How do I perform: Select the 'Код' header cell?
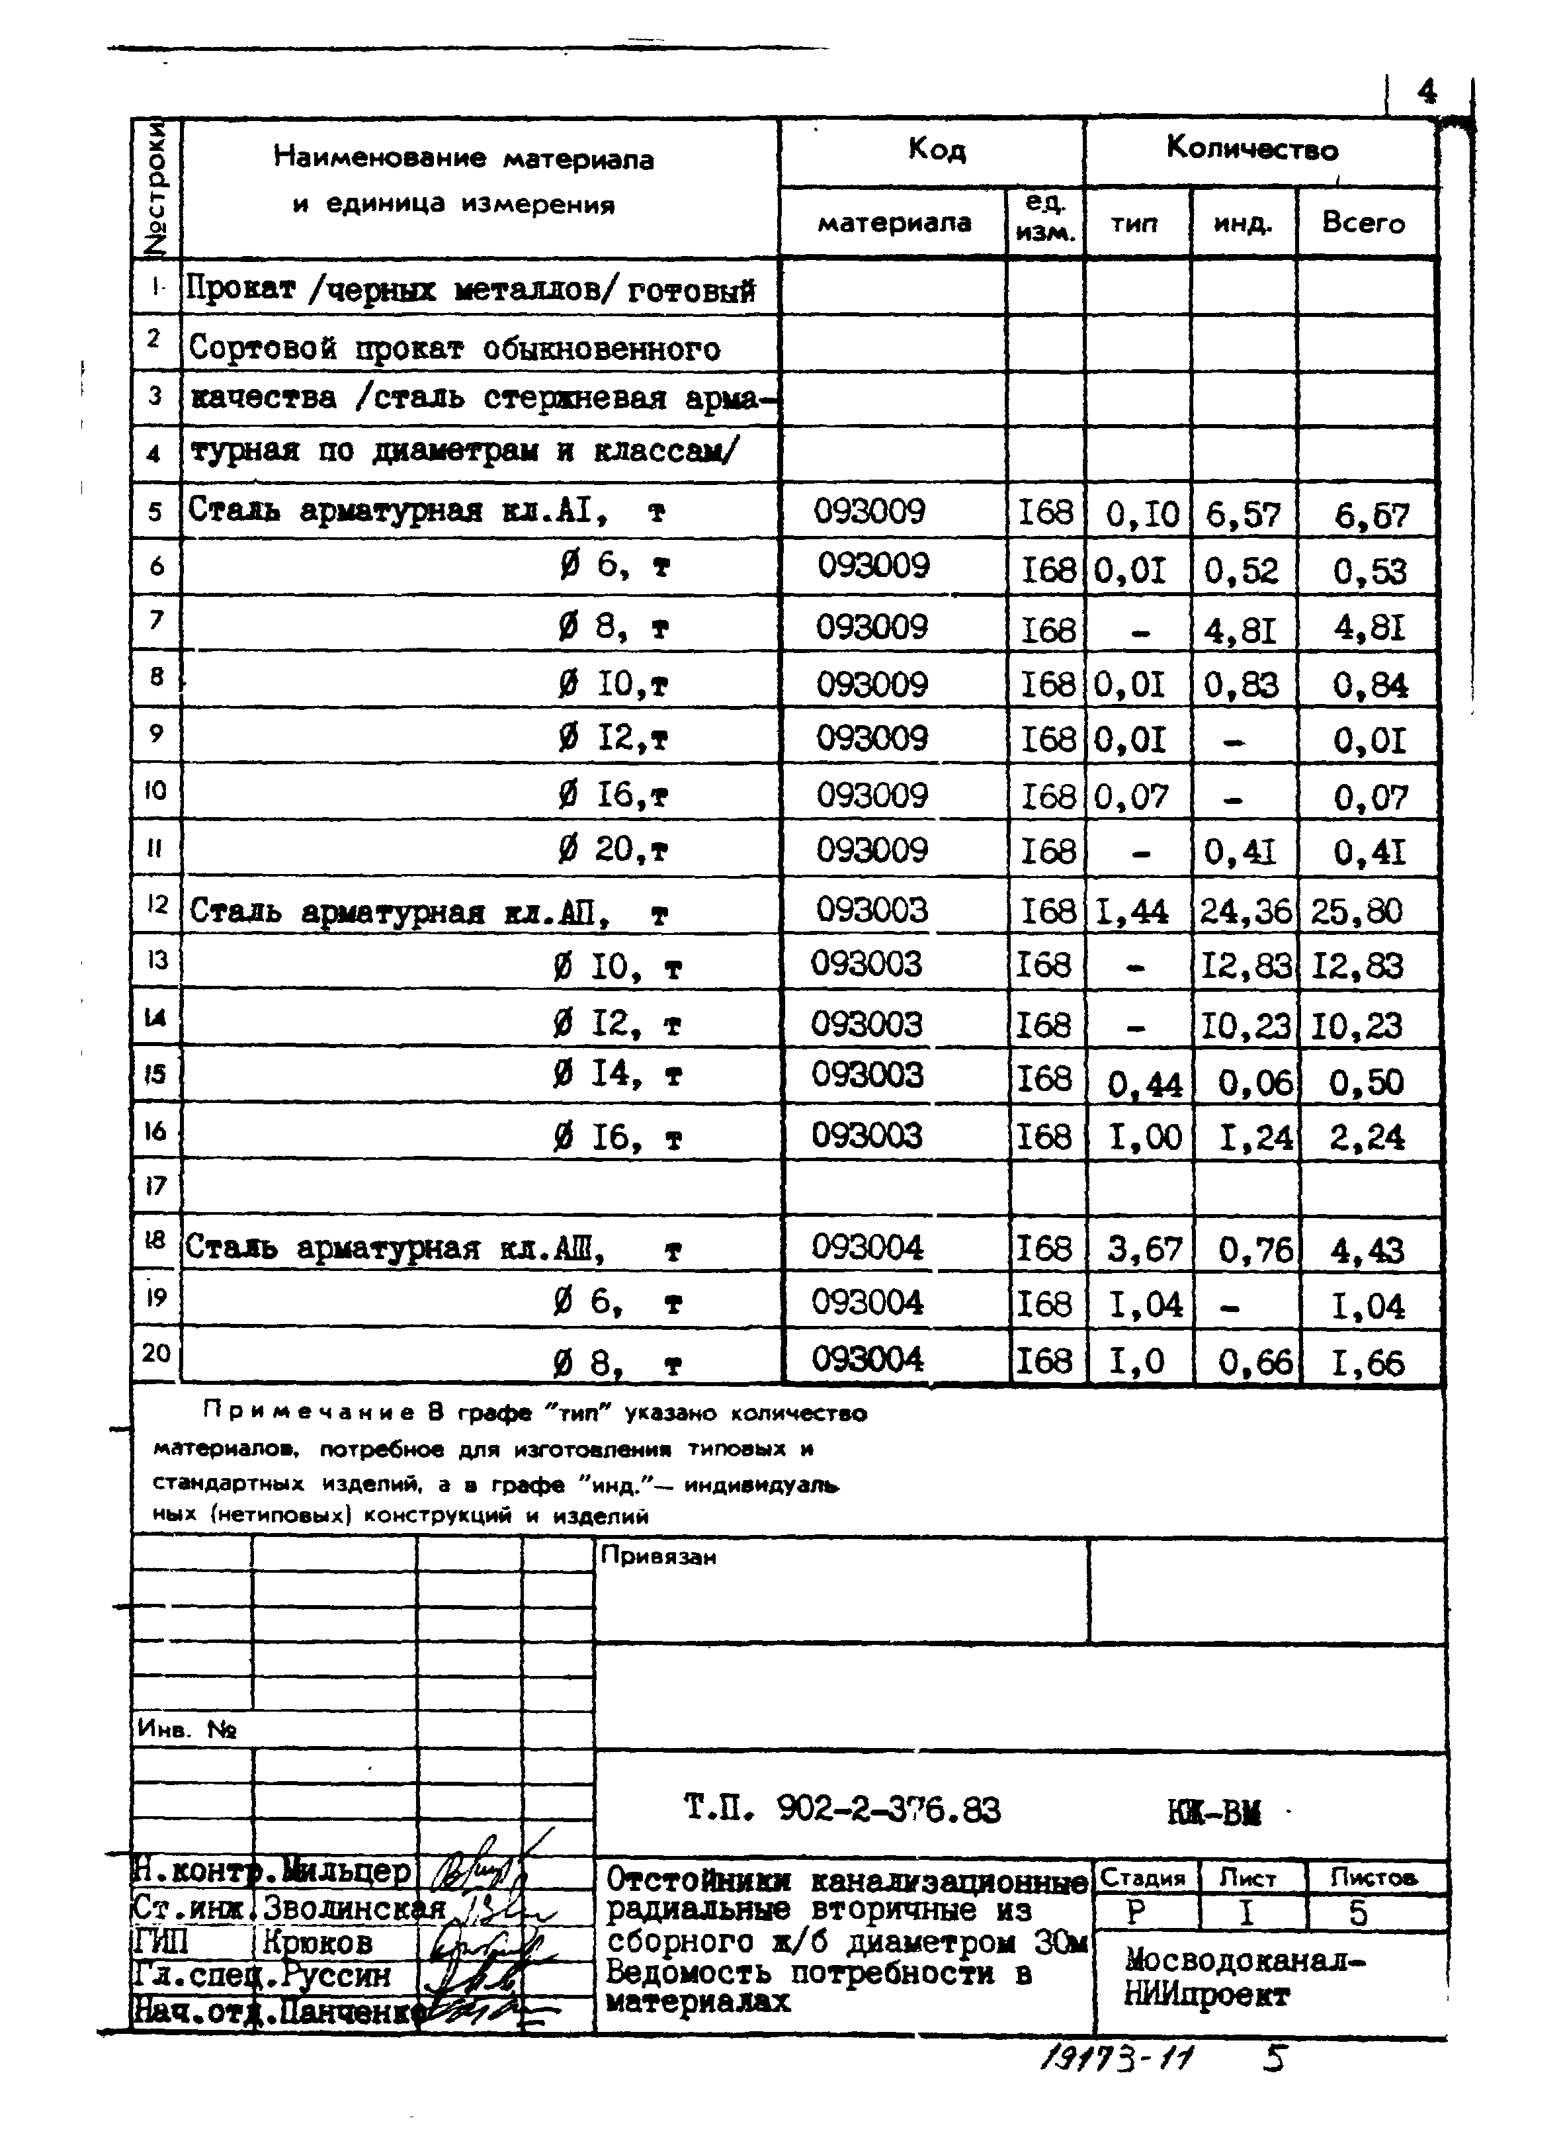pyautogui.click(x=936, y=149)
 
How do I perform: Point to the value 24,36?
pyautogui.click(x=1244, y=912)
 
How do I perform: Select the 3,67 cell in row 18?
pyautogui.click(x=1145, y=1250)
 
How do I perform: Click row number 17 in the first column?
pyautogui.click(x=155, y=1186)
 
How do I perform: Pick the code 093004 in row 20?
pyautogui.click(x=866, y=1360)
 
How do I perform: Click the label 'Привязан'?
pyautogui.click(x=658, y=1557)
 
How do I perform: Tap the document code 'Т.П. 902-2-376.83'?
pyautogui.click(x=841, y=1811)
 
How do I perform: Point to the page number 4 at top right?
pyautogui.click(x=1425, y=92)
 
